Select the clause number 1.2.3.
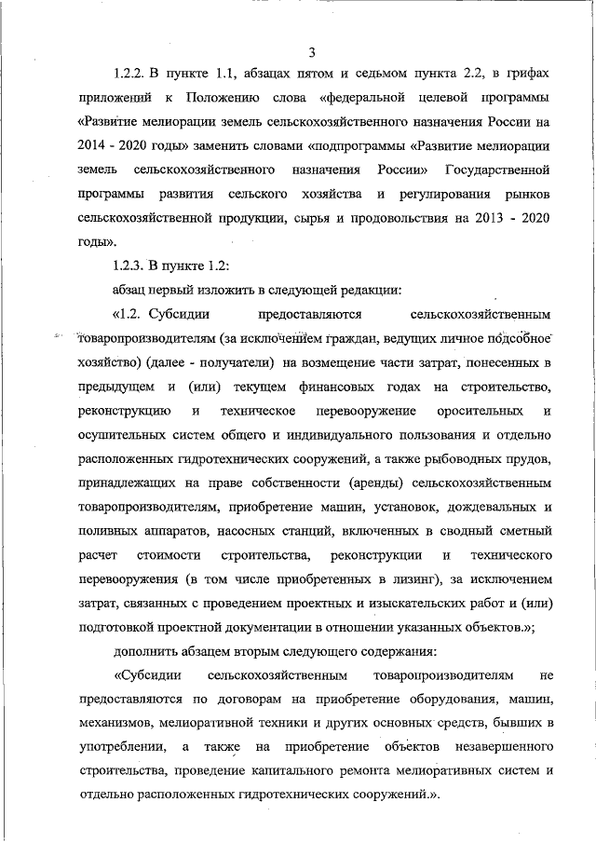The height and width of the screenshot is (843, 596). coord(131,264)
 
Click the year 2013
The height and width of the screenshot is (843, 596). coord(463,220)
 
